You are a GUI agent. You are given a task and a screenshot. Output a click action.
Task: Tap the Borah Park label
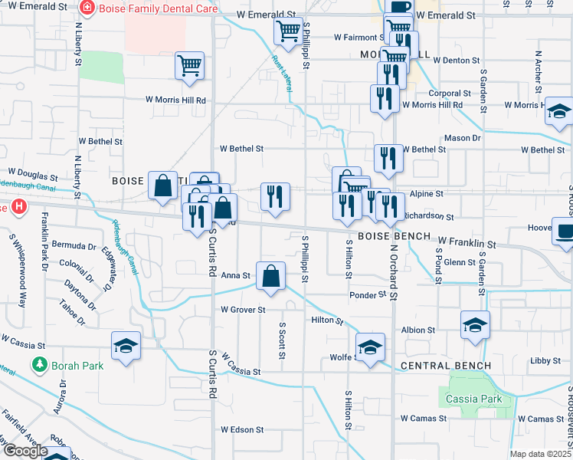[x=77, y=365]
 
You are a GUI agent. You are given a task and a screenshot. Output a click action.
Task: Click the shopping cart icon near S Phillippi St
[x=288, y=31]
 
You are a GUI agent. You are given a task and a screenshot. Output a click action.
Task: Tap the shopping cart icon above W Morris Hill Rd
[x=189, y=65]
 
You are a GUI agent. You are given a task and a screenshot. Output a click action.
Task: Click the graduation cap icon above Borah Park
[x=126, y=346]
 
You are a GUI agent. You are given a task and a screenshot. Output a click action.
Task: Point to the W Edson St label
[x=241, y=430]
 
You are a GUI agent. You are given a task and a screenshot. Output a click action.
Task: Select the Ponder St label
[x=366, y=295]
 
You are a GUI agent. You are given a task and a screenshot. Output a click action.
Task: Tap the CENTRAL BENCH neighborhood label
[x=444, y=365]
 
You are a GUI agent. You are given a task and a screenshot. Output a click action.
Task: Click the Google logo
[x=25, y=451]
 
